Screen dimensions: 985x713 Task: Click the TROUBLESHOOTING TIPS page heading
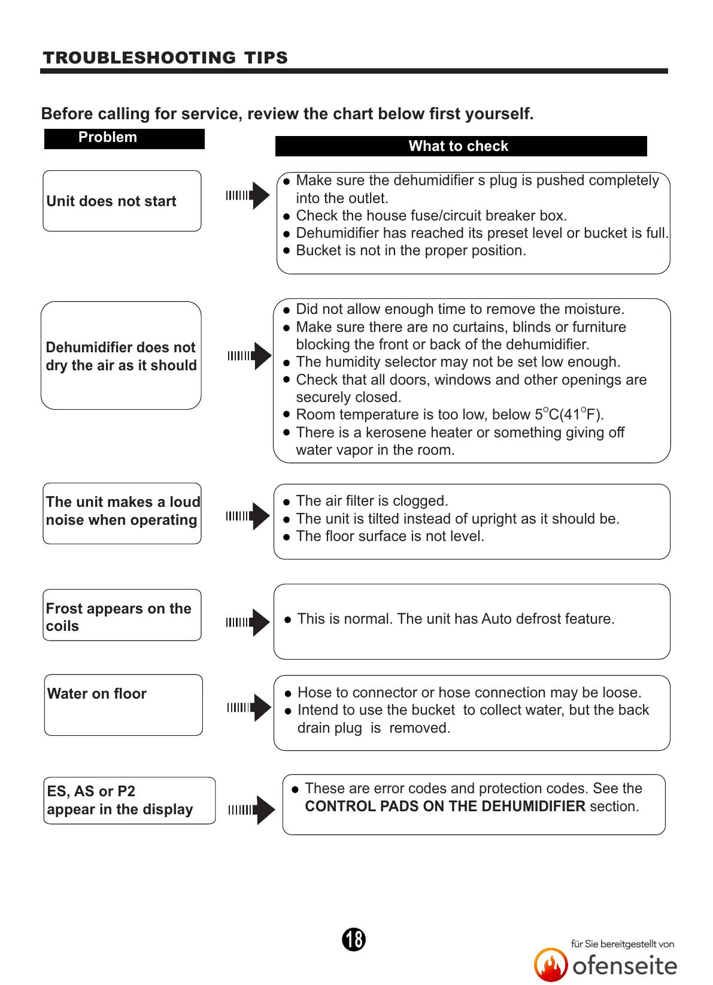point(165,58)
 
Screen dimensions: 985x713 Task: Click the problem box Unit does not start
point(122,201)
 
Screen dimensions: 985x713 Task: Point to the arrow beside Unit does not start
point(248,195)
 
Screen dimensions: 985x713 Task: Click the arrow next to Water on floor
point(250,708)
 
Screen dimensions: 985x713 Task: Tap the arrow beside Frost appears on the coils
point(248,623)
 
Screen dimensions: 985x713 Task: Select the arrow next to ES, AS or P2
point(252,810)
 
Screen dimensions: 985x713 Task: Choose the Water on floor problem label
point(97,694)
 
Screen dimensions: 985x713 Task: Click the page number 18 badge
point(354,939)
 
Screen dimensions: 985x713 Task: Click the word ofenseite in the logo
point(624,966)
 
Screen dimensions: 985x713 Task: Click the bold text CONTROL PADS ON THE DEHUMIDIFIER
point(445,806)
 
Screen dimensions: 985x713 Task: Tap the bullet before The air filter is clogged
point(287,502)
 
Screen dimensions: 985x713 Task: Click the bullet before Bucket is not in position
point(287,251)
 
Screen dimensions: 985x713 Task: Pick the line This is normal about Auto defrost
point(456,619)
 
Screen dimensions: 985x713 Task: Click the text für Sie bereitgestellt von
point(623,944)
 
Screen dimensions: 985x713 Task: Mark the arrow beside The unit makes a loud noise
point(248,516)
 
